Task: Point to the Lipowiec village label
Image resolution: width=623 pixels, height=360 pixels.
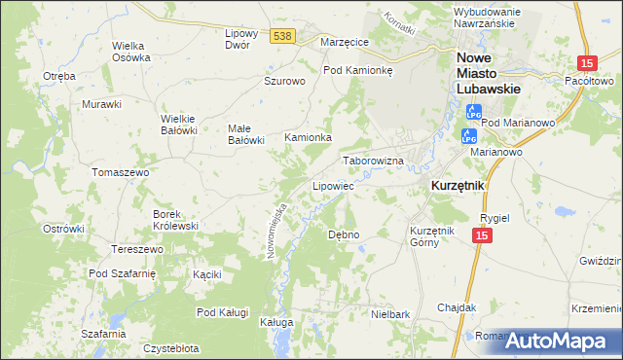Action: coord(332,185)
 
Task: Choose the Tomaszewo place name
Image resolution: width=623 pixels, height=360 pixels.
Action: coord(120,172)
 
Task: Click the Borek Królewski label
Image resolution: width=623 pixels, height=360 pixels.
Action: coord(175,219)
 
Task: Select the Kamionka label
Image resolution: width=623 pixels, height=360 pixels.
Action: coord(308,138)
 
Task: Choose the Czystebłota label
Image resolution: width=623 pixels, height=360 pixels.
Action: coord(171,347)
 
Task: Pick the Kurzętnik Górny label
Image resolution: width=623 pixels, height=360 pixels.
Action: coord(433,236)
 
